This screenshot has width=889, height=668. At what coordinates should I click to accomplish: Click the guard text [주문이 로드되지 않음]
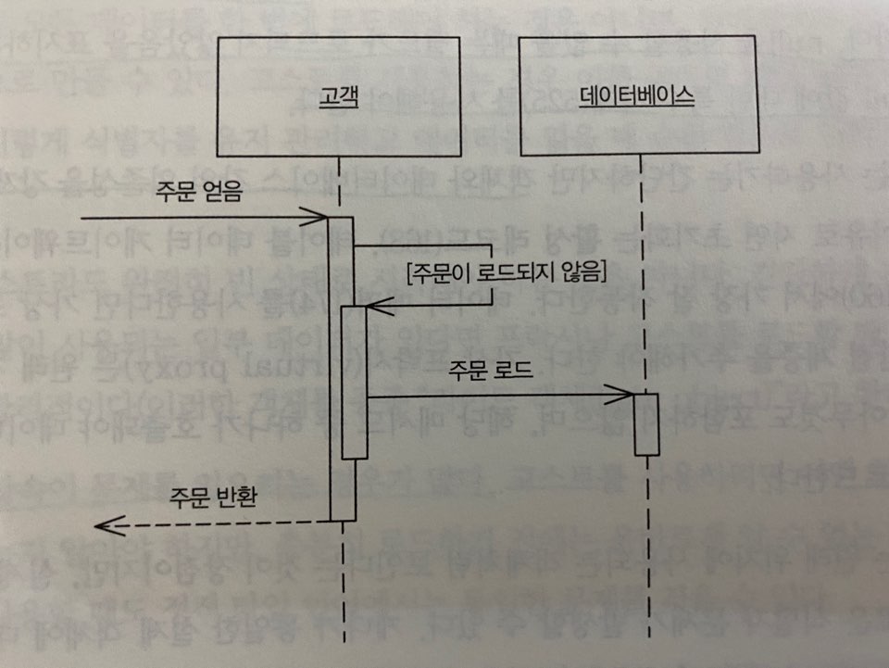coord(506,272)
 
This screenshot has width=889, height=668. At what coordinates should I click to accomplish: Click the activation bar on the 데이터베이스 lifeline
coord(646,424)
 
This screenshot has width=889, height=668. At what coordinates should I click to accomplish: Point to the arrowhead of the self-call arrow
coord(372,305)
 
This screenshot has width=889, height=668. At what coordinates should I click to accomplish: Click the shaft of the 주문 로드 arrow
coord(491,397)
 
